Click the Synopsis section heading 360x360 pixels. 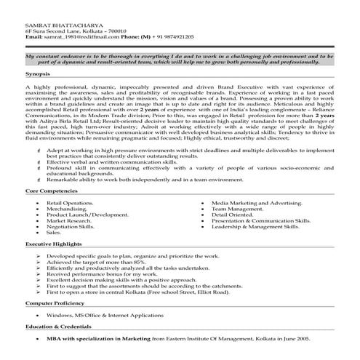[37, 73]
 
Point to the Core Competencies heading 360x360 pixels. [52, 189]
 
